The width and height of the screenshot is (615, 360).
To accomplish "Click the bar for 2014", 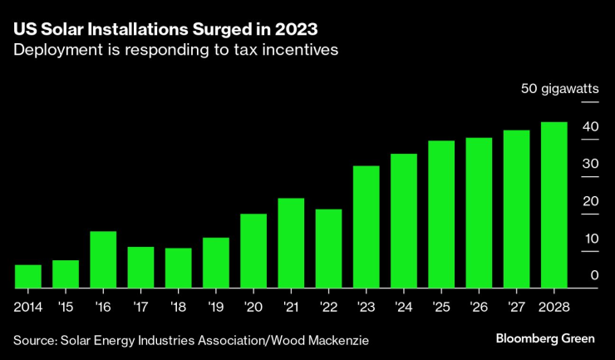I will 28,277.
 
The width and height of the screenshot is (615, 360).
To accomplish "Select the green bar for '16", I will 103,259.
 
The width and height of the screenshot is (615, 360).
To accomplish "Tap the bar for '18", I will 178,268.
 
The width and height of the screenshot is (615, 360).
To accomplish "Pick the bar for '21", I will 291,243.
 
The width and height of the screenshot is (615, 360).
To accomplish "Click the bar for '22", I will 328,249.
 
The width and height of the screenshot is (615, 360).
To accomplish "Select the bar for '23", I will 367,227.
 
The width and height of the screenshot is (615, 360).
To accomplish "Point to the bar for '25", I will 441,215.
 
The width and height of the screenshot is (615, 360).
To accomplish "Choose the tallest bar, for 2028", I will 554,205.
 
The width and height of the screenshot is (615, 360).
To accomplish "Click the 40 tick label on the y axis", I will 590,126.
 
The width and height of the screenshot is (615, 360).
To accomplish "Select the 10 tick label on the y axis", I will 590,238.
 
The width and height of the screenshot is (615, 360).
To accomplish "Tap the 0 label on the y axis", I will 594,275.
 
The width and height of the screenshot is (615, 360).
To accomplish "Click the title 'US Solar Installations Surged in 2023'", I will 165,27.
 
